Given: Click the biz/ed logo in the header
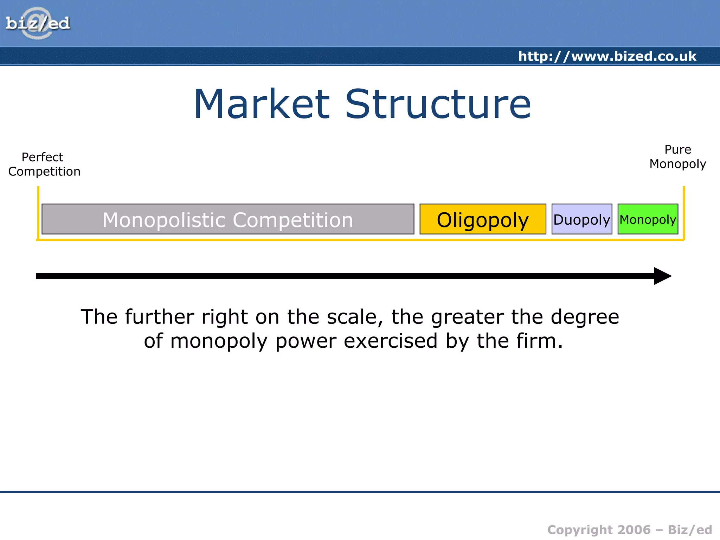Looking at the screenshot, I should tap(38, 24).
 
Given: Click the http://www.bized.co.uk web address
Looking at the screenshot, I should tap(607, 56).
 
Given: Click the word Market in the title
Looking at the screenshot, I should tap(262, 104).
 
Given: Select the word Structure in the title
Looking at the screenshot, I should tap(438, 104).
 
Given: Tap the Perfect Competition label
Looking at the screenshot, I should tap(44, 164).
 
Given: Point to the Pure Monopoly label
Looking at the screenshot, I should tap(677, 157).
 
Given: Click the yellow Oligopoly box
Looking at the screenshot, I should tap(483, 219).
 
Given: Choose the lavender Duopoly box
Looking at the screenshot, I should tap(582, 219).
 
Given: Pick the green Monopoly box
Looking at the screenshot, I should tap(648, 219).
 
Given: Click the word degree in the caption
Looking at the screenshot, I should tap(585, 317).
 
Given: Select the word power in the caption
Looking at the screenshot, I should tap(306, 341).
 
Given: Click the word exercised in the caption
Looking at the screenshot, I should tap(390, 341).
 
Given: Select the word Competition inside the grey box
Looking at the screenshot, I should tap(292, 220).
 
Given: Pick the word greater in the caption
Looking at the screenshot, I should tap(467, 317).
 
